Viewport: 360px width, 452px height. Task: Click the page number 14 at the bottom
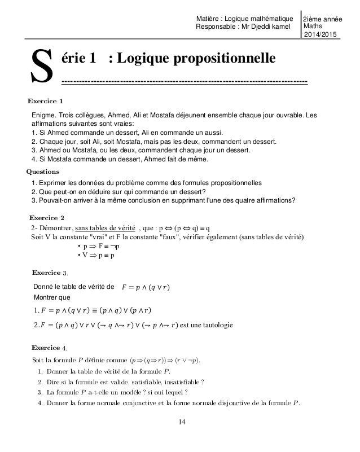[179, 422]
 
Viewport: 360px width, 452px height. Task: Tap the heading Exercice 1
[45, 101]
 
